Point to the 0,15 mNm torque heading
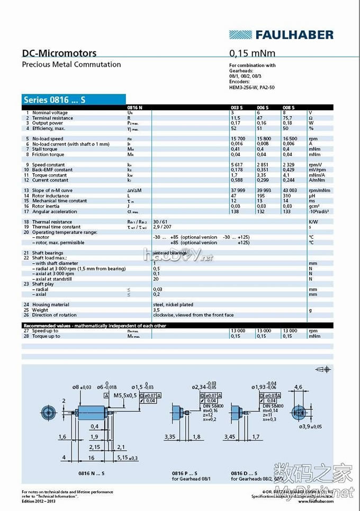tap(252, 53)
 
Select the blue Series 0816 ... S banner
tap(74, 99)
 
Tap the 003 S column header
tap(236, 107)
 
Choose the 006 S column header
tap(263, 107)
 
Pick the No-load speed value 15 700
tap(237, 139)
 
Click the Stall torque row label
tap(48, 149)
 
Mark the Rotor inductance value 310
tap(287, 196)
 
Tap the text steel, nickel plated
tap(173, 304)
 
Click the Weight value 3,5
tap(156, 310)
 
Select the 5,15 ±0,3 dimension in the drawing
tap(127, 458)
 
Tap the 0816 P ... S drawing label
tap(184, 473)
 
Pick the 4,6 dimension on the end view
tap(298, 387)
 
